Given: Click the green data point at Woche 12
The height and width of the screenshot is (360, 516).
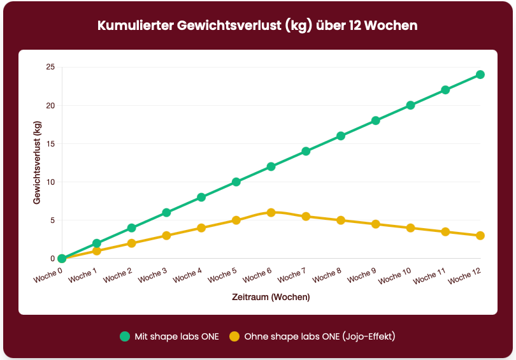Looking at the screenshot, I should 480,75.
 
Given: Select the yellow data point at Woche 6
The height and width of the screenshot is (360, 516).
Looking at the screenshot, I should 271,213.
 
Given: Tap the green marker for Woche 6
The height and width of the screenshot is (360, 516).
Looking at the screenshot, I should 271,167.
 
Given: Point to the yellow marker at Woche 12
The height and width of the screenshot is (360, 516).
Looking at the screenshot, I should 480,236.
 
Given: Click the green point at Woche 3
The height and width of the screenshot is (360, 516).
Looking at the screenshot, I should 166,213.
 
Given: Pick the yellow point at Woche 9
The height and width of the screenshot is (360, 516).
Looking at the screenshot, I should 376,224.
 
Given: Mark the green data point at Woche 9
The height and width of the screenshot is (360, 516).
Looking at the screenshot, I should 376,120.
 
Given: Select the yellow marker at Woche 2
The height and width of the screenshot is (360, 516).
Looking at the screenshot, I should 132,243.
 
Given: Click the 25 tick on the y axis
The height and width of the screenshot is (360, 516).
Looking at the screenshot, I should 50,67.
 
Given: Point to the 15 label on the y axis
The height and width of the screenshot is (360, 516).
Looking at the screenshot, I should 50,144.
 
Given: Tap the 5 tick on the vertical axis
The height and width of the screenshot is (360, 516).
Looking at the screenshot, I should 52,220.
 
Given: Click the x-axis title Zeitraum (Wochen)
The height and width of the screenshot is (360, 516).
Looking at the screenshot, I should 271,297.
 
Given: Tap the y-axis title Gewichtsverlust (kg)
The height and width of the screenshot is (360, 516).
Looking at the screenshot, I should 36,163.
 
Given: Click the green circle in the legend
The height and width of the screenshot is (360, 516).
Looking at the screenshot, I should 125,336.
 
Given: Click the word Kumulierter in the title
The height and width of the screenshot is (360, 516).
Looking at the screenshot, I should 136,26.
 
